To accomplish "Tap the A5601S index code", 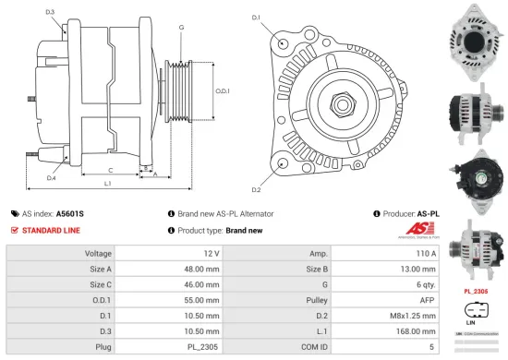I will [x=69, y=213].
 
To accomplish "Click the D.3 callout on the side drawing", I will [x=50, y=12].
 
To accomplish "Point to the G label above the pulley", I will [x=181, y=28].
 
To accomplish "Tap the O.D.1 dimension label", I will [x=222, y=90].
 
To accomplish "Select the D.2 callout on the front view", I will [x=256, y=189].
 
